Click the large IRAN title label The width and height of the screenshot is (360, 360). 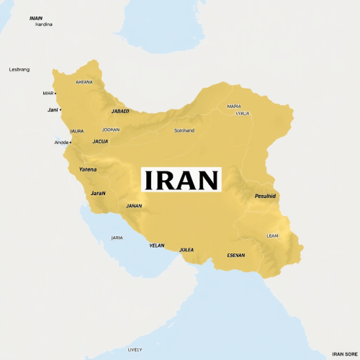click(x=181, y=179)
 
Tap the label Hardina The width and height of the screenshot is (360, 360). click(x=44, y=24)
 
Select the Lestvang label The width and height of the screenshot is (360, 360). click(x=19, y=69)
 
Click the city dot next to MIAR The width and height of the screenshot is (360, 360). click(x=55, y=93)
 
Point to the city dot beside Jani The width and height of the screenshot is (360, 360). click(x=60, y=109)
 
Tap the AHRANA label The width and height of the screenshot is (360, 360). click(x=84, y=82)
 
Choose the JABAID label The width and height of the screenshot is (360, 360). click(x=120, y=112)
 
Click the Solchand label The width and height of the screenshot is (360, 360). click(x=184, y=130)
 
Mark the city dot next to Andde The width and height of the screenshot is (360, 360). click(x=71, y=142)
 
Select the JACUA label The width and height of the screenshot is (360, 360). click(x=100, y=141)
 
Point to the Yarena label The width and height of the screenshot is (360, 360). click(x=87, y=169)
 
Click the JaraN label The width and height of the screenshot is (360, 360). click(x=98, y=193)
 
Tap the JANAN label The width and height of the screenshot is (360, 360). click(x=134, y=206)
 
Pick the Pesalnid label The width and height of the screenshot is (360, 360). click(x=265, y=196)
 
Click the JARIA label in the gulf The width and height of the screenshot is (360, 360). click(x=117, y=238)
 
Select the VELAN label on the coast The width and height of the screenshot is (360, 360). click(x=157, y=246)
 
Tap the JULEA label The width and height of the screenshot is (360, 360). click(x=186, y=250)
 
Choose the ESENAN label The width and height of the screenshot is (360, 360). click(x=235, y=256)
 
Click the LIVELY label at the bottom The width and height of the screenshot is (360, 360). click(x=135, y=350)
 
